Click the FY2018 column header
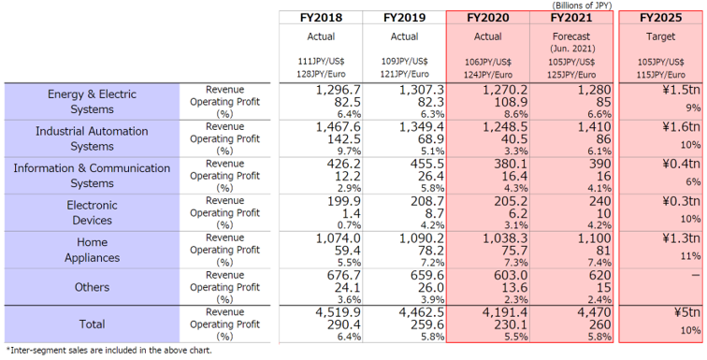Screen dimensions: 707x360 tap(321, 18)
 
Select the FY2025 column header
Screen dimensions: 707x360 tap(660, 18)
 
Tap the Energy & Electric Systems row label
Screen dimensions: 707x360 tap(92, 102)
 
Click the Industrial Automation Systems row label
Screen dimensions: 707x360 tap(92, 138)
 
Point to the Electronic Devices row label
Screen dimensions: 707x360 tap(92, 212)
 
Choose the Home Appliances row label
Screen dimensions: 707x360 tap(92, 250)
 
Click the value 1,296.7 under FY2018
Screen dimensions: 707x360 tap(336, 90)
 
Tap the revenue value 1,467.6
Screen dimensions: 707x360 tap(336, 127)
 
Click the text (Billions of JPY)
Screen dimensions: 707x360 tap(582, 6)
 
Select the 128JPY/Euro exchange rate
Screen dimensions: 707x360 tap(321, 75)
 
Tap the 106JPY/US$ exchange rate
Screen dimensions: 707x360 tap(488, 62)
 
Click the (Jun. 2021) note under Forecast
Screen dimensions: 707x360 tap(571, 49)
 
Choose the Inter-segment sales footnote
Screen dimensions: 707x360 tap(108, 350)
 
